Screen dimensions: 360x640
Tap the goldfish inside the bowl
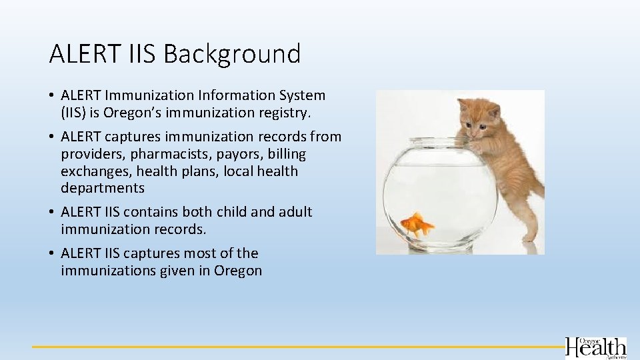pyautogui.click(x=417, y=225)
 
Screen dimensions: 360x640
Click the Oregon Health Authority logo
pyautogui.click(x=595, y=348)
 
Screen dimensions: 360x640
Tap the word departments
pyautogui.click(x=102, y=188)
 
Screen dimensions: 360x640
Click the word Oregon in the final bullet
pyautogui.click(x=238, y=271)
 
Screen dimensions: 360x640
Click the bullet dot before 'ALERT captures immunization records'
pyautogui.click(x=52, y=137)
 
